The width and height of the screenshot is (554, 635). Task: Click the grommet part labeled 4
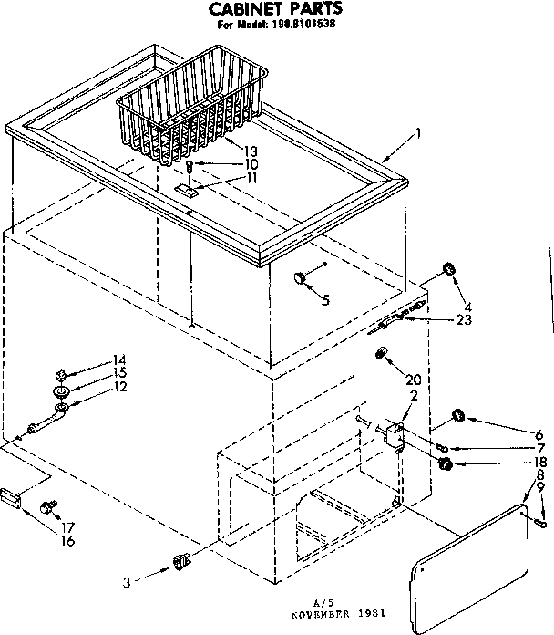(x=446, y=268)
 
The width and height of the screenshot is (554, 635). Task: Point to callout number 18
(x=540, y=463)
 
